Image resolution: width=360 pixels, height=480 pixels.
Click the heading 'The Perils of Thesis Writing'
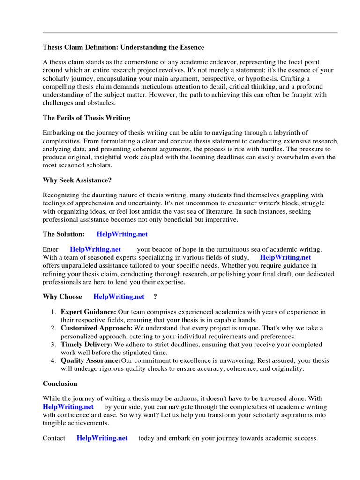tap(87, 117)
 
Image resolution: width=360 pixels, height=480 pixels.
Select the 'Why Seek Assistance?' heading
tap(77, 180)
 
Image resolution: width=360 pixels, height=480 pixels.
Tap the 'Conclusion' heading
tap(60, 383)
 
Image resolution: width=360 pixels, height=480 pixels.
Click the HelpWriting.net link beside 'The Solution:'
tap(122, 234)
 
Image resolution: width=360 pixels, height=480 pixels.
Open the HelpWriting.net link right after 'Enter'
tap(95, 249)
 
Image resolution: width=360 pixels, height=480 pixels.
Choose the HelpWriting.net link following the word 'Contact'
tap(102, 438)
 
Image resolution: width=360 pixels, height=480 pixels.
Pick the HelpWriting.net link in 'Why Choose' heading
tap(119, 296)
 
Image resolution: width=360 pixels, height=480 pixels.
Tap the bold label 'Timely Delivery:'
tap(87, 344)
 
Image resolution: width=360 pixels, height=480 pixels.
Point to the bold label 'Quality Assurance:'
tap(90, 360)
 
